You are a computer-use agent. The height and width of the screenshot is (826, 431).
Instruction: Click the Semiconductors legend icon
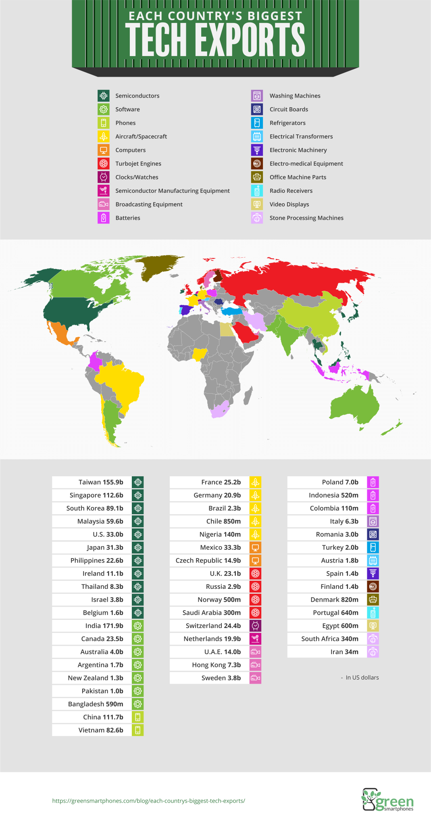[104, 96]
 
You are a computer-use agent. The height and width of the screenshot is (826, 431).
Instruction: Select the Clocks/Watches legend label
[137, 177]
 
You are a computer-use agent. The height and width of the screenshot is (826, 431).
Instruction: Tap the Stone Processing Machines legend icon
[257, 218]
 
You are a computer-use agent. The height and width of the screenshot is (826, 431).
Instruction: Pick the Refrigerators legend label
[287, 123]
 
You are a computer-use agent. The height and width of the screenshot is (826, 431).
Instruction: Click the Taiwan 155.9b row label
[101, 482]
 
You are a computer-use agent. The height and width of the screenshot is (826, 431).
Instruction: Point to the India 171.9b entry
[104, 626]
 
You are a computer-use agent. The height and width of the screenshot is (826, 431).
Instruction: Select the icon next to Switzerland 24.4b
[255, 626]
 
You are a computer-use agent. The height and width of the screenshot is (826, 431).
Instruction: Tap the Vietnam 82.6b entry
[101, 730]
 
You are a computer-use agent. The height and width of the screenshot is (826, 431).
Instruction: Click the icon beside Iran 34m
[373, 652]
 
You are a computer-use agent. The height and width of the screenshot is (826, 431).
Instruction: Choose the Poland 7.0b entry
[340, 482]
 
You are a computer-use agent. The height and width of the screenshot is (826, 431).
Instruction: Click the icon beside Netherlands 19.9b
[255, 639]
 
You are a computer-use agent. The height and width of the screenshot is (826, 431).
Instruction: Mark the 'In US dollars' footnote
[362, 678]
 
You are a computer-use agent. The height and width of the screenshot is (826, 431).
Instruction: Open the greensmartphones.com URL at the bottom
[148, 801]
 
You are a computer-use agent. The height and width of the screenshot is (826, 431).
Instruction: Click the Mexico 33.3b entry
[220, 548]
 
